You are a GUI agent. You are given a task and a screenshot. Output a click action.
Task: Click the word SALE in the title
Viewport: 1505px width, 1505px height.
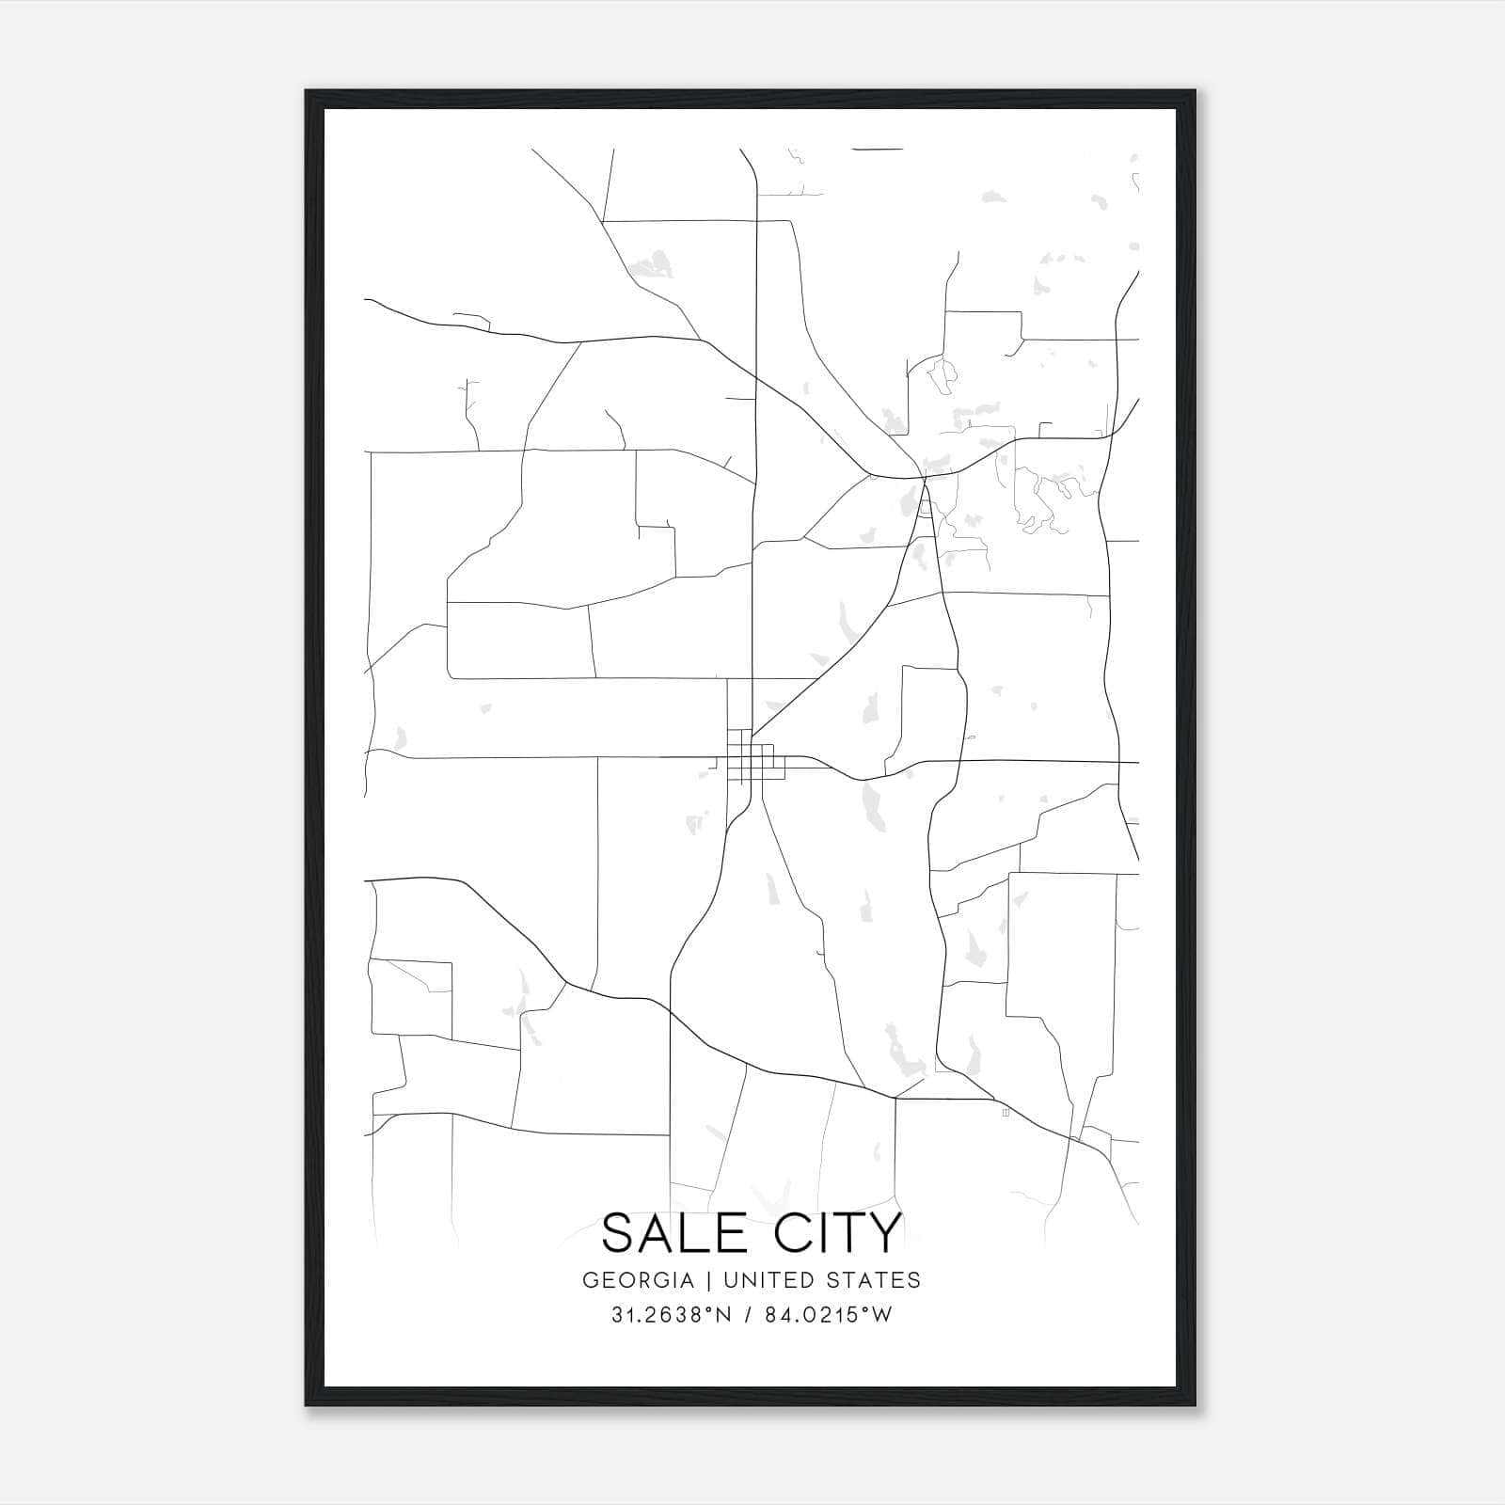673,1233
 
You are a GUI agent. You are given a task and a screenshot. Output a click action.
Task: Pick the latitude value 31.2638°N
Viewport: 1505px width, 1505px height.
671,1315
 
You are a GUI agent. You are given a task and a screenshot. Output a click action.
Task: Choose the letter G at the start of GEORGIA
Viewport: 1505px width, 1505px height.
590,1280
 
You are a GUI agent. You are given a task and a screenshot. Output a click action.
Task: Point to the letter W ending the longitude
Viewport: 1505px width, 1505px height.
881,1315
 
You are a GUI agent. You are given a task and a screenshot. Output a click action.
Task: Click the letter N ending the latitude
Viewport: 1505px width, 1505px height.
723,1315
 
